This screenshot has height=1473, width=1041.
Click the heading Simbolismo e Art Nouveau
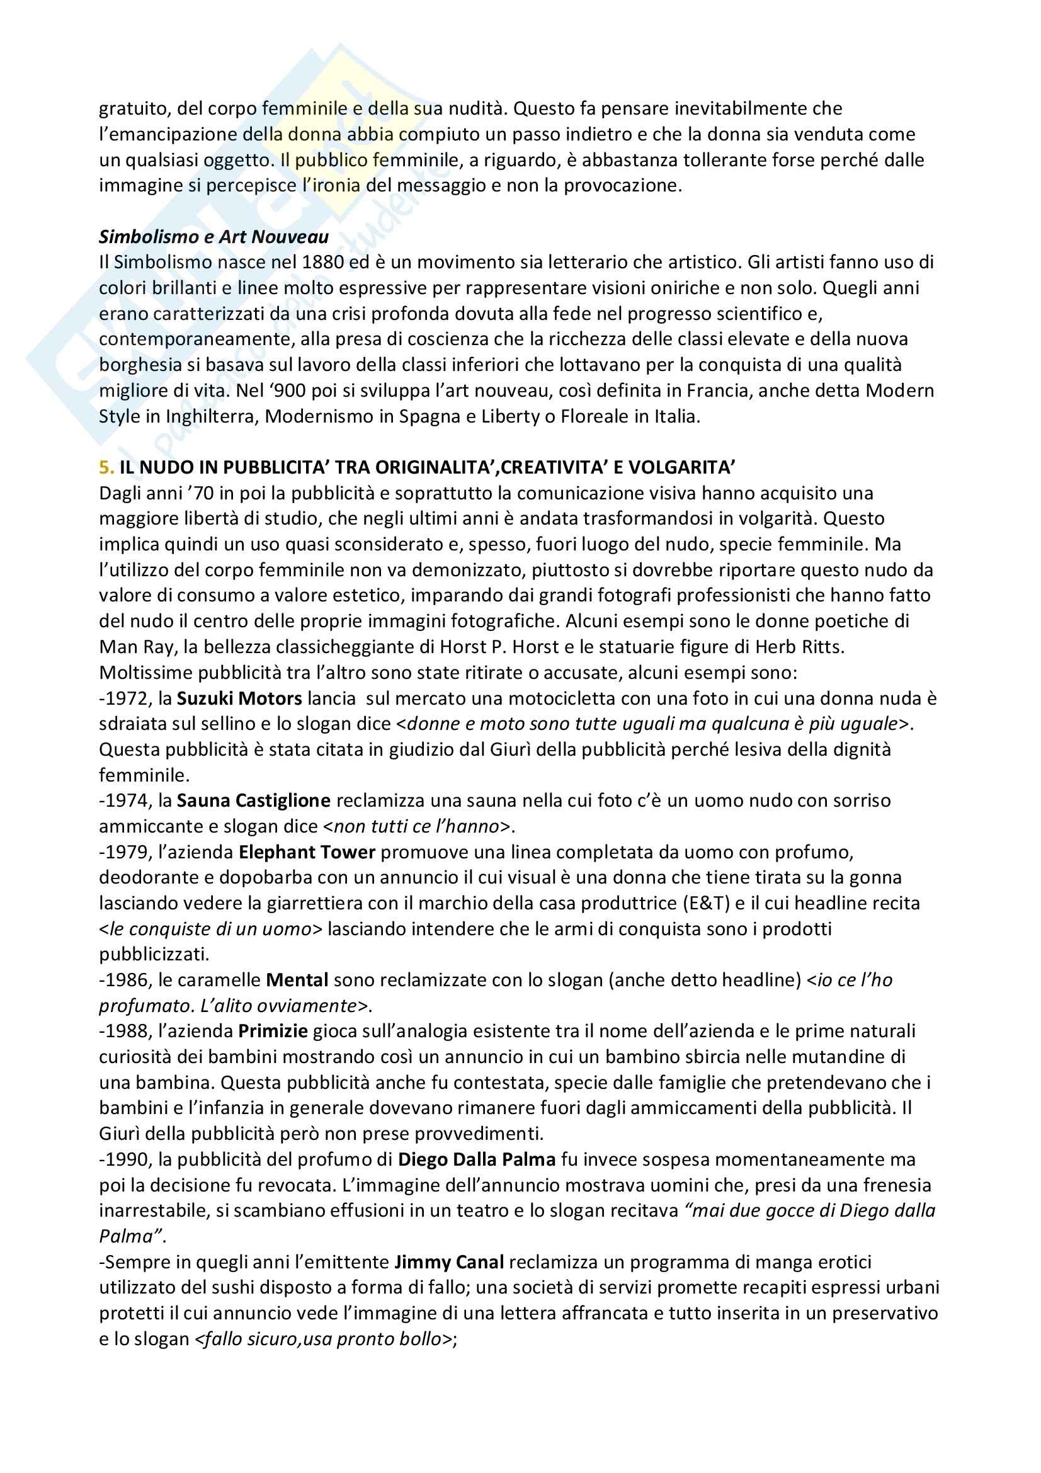tap(213, 237)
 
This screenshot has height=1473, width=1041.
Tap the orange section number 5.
tap(106, 468)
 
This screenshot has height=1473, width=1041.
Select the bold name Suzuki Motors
tap(239, 698)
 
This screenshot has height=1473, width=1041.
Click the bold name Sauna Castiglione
tap(253, 800)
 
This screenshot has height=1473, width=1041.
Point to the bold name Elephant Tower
tap(307, 852)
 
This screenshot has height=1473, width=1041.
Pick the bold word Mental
tap(297, 981)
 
